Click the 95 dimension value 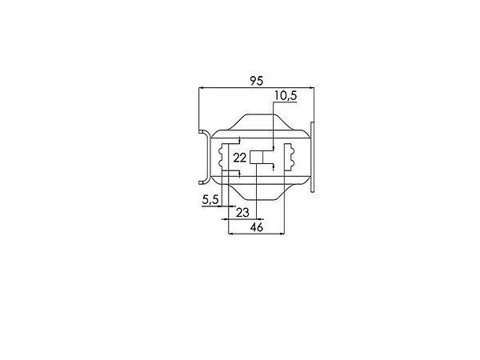pos(257,81)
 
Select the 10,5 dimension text pos(286,95)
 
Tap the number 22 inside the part pos(240,158)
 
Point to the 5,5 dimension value pos(210,200)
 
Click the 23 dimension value pos(242,213)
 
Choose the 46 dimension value pos(257,227)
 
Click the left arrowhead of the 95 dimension pos(201,88)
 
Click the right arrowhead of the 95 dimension pos(312,88)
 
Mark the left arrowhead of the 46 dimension pos(231,234)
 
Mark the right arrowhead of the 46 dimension pos(282,234)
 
